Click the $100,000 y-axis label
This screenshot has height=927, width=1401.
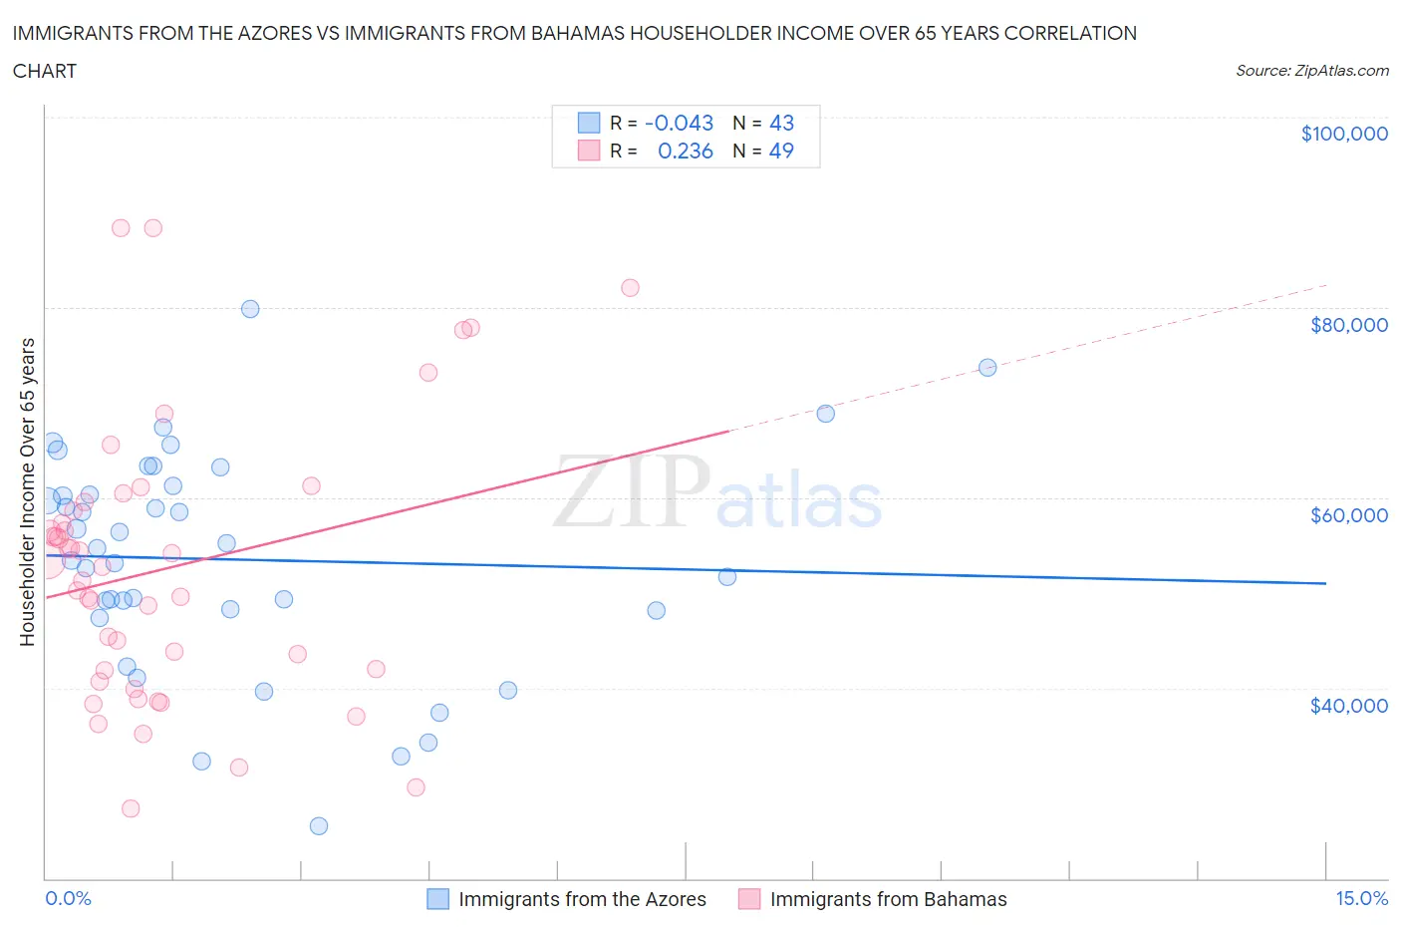click(1344, 134)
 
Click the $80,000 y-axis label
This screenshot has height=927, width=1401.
click(1348, 325)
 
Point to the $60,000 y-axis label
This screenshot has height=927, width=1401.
click(1348, 515)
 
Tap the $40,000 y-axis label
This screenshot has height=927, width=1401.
click(1348, 706)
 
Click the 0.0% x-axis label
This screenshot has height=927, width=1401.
click(68, 898)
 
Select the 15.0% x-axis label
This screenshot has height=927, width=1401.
click(1361, 898)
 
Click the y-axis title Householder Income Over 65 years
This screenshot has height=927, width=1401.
click(28, 491)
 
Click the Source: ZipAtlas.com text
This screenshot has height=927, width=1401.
click(1311, 71)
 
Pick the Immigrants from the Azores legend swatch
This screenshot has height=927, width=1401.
click(438, 899)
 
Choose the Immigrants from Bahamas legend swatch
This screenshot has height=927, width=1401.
click(749, 899)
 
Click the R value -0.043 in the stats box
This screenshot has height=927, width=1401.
click(680, 123)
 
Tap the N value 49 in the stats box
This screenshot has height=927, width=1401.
click(781, 151)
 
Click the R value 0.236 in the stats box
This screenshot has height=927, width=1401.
click(686, 151)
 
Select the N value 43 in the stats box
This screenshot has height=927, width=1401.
click(781, 123)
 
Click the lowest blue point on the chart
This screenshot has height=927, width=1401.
click(319, 825)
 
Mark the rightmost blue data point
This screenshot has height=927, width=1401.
click(987, 367)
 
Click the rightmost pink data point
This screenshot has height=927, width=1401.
click(630, 288)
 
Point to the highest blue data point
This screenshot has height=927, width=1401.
click(250, 309)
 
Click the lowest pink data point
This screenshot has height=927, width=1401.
click(131, 808)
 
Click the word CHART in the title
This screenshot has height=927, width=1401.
click(45, 71)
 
